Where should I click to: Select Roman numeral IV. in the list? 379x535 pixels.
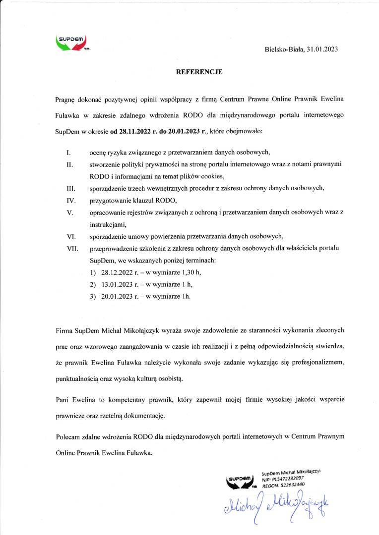70,201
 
